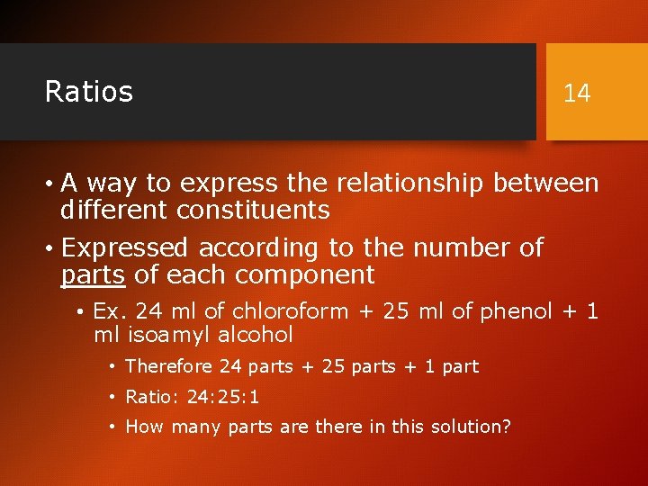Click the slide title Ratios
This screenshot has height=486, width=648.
click(x=89, y=92)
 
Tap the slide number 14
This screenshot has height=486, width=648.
click(x=577, y=93)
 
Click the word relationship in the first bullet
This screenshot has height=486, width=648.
click(x=410, y=184)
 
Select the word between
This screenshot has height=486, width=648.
click(x=545, y=184)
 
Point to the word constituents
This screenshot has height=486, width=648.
click(x=253, y=211)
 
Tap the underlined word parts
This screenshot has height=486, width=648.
click(x=94, y=274)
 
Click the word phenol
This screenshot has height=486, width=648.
click(x=517, y=311)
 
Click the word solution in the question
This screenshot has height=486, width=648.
click(x=472, y=427)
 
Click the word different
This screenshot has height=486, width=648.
click(x=114, y=211)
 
